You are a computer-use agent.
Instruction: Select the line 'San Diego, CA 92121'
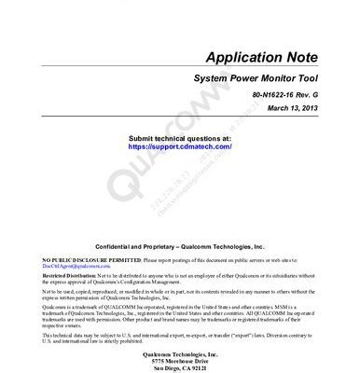pos(181,367)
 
